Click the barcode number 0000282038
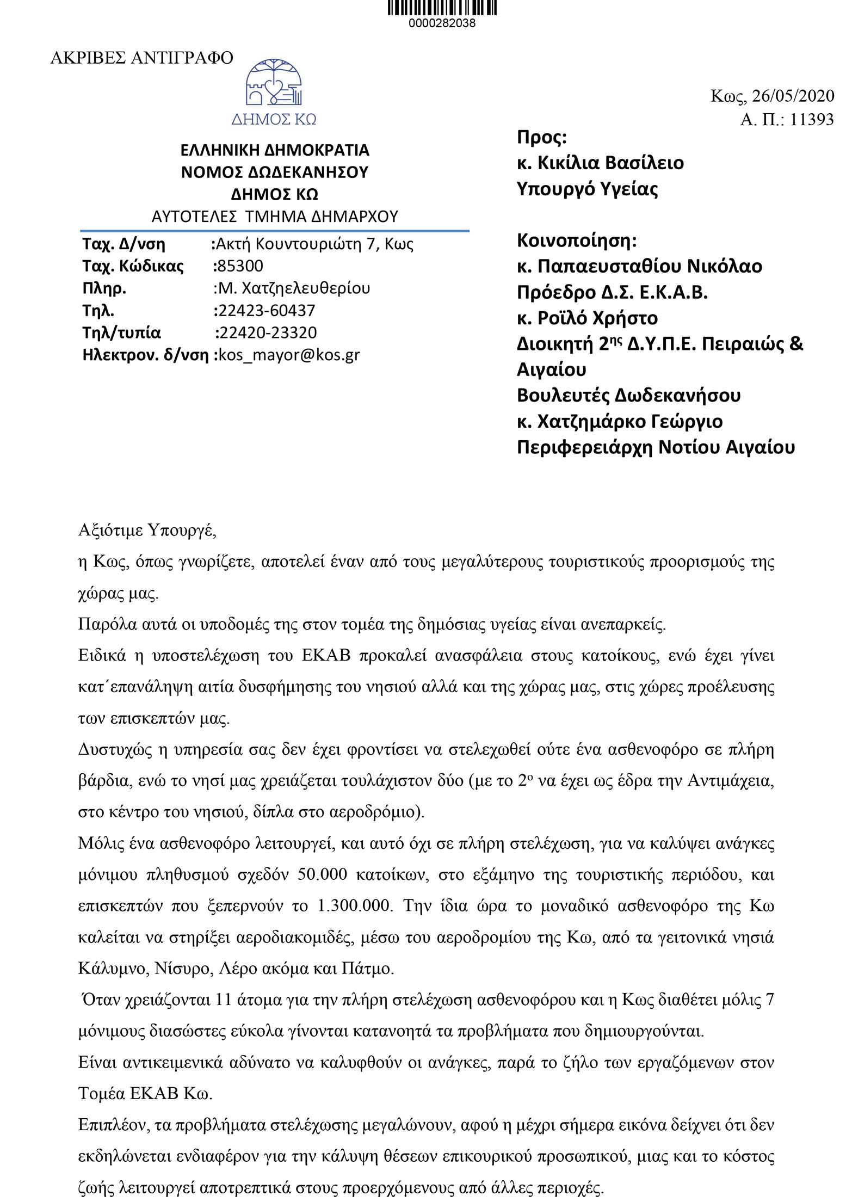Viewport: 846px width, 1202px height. click(442, 24)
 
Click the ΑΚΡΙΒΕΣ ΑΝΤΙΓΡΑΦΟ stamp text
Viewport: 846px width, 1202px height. click(141, 58)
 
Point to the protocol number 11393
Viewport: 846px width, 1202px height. click(811, 120)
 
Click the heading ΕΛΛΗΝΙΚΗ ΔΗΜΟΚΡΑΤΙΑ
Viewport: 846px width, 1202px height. click(275, 150)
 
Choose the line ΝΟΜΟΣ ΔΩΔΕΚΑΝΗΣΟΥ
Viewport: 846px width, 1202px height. click(275, 172)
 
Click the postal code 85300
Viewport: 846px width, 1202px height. click(240, 266)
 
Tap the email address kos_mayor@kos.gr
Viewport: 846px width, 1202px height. click(289, 355)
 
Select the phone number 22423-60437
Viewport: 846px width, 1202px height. click(265, 311)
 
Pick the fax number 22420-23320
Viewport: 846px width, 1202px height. click(267, 333)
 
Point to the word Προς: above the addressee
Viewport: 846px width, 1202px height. click(542, 137)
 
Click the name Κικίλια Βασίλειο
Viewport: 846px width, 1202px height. click(610, 163)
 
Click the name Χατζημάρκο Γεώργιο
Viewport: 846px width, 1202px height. click(630, 422)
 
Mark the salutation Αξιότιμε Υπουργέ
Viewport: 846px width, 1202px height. click(147, 531)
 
